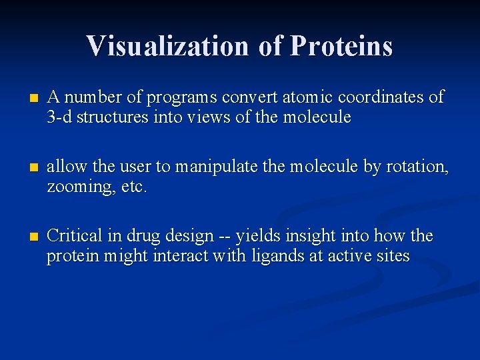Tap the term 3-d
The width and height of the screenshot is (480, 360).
pyautogui.click(x=59, y=117)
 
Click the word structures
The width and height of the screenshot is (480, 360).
pyautogui.click(x=110, y=117)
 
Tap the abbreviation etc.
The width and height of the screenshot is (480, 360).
pyautogui.click(x=134, y=187)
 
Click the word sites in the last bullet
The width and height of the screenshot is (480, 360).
pyautogui.click(x=391, y=256)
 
